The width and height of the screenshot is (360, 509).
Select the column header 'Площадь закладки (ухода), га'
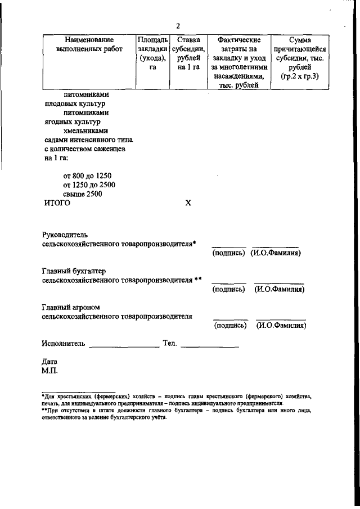pyautogui.click(x=152, y=53)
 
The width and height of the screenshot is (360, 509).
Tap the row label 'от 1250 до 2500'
pyautogui.click(x=89, y=184)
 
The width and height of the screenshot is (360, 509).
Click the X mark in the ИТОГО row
pyautogui.click(x=188, y=204)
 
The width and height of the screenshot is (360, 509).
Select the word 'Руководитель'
pyautogui.click(x=65, y=234)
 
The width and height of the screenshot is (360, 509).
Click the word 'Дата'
pyautogui.click(x=49, y=362)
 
